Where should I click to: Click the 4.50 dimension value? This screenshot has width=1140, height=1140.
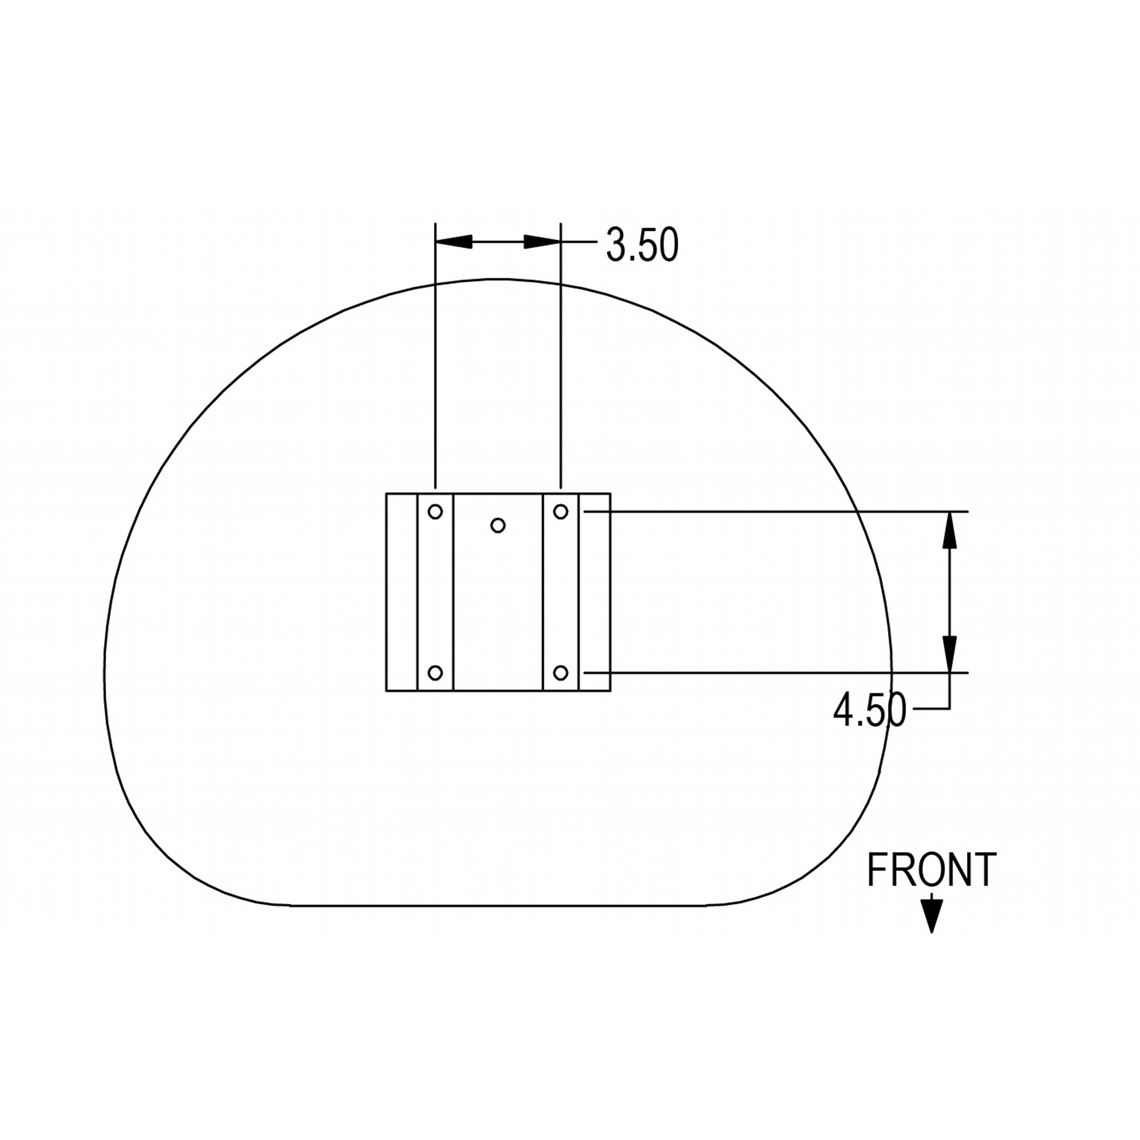(869, 711)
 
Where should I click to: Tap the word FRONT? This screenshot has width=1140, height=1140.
(931, 871)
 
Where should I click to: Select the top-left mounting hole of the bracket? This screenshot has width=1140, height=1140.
(435, 511)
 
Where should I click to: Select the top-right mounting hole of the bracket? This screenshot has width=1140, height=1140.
(561, 511)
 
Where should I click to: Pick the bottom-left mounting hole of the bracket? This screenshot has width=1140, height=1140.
(435, 673)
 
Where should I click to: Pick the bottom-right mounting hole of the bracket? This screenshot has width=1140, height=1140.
(561, 673)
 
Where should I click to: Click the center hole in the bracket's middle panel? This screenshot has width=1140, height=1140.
(498, 525)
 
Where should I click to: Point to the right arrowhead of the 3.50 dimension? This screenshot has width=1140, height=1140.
(542, 241)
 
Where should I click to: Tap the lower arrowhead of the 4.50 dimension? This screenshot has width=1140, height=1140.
(950, 654)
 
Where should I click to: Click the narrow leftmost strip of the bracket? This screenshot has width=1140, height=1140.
(402, 592)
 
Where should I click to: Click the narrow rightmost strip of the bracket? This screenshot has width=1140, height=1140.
(594, 592)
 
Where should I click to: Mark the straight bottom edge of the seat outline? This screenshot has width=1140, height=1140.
(498, 905)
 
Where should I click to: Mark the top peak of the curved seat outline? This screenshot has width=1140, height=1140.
(498, 279)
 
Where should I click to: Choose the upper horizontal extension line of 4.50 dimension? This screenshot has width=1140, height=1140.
(767, 511)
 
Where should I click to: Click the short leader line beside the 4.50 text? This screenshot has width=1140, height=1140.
(931, 708)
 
